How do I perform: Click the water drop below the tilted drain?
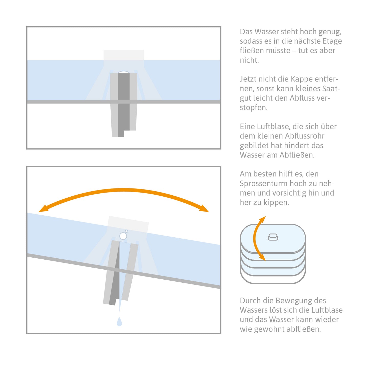pos(119,321)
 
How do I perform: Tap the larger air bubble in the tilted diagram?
pos(123,236)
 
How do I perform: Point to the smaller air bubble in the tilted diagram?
pos(126,231)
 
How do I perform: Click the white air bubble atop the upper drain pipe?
pos(124,72)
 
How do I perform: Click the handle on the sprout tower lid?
pos(273,237)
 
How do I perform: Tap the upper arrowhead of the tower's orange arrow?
pos(263,219)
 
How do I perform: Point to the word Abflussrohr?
pos(304,136)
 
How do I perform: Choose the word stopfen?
pos(253,108)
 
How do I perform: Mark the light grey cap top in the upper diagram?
pos(124,55)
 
